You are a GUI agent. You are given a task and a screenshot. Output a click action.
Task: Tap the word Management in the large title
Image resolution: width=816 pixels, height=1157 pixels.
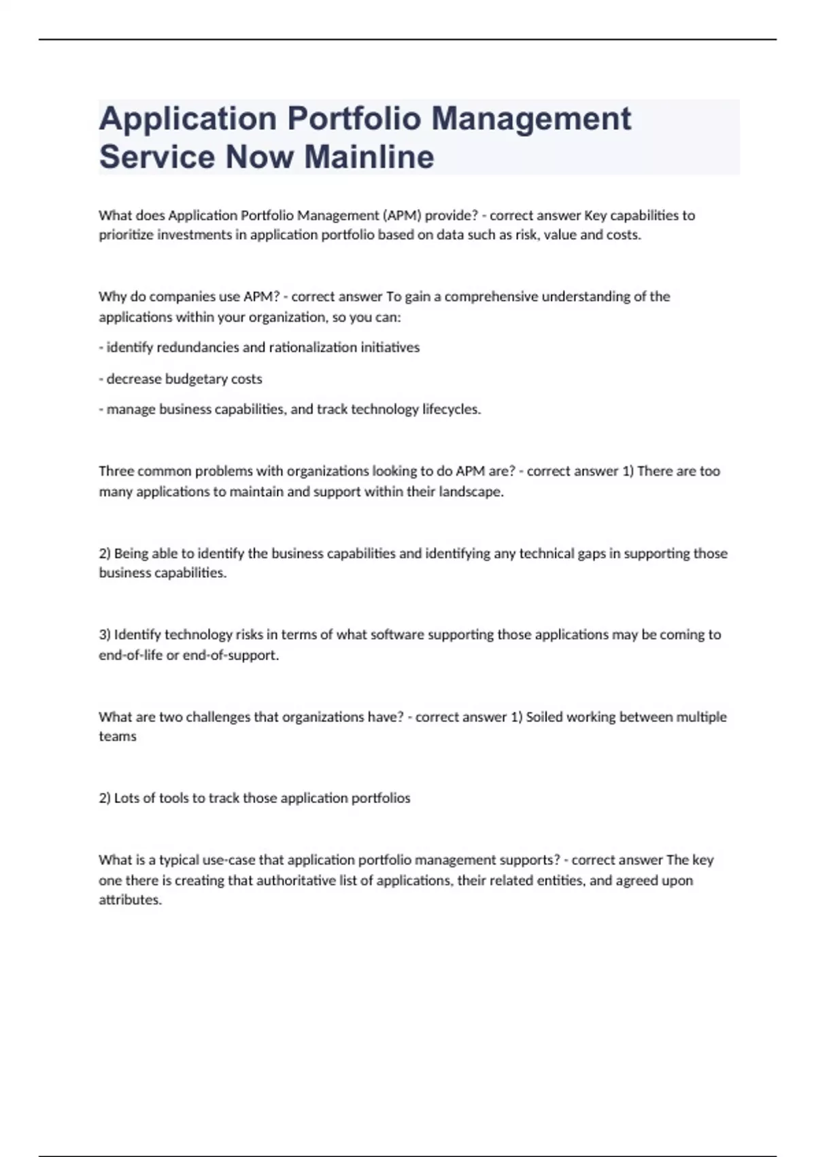[532, 118]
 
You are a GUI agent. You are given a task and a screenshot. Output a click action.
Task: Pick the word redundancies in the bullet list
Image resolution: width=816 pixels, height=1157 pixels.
[198, 347]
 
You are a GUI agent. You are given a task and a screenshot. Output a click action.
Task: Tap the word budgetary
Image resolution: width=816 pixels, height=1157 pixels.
[196, 378]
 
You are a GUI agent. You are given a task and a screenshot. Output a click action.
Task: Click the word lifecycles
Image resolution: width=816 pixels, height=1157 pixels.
[452, 409]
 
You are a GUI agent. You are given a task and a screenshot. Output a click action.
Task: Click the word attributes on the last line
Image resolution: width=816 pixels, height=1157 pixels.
[130, 900]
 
